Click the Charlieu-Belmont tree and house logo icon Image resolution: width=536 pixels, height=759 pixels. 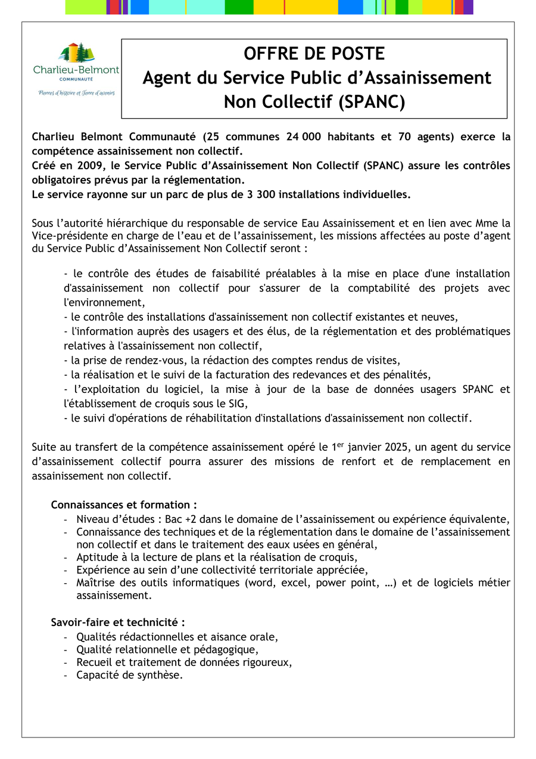(76, 53)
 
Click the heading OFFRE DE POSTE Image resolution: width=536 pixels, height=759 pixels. (314, 54)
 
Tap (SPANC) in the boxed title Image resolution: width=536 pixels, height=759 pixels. (372, 103)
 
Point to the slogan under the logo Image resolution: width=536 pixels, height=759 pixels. (76, 93)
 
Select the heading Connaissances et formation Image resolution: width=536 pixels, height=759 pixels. (124, 505)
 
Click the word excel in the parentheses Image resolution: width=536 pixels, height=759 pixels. (298, 583)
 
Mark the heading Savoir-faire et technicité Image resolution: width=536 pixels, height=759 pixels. (118, 622)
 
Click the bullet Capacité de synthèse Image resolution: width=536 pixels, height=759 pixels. (129, 676)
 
